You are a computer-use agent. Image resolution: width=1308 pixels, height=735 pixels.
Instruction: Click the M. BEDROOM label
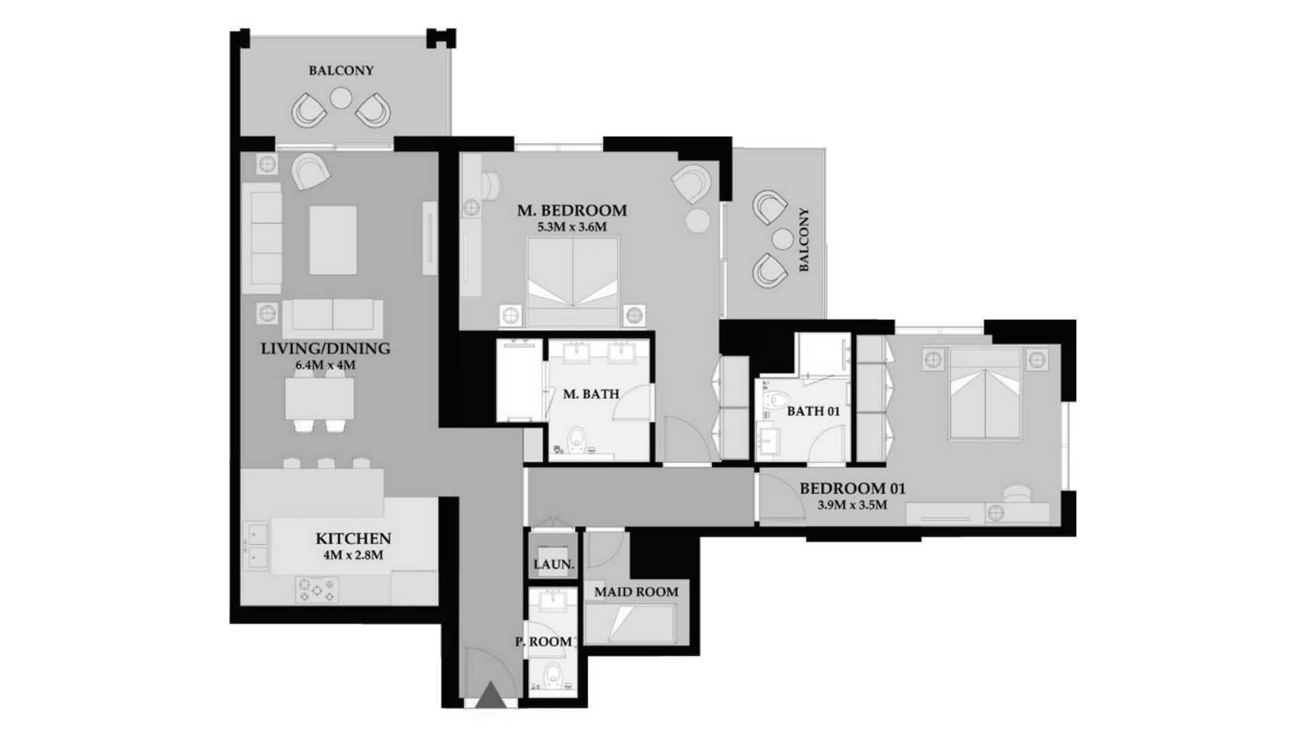[572, 210]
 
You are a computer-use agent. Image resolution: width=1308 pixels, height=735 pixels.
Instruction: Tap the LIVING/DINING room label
[326, 348]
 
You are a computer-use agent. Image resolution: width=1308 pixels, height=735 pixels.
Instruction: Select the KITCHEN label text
[353, 538]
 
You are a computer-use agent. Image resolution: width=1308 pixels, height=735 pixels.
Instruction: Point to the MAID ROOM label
[636, 592]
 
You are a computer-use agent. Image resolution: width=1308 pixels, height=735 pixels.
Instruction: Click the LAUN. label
[554, 564]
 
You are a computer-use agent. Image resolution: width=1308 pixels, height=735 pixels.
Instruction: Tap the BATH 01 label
[813, 411]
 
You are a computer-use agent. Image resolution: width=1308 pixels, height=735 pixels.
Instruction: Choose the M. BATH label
[591, 393]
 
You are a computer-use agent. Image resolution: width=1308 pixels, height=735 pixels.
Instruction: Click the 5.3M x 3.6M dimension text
[572, 227]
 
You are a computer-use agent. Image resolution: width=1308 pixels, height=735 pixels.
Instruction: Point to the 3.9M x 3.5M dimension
[852, 505]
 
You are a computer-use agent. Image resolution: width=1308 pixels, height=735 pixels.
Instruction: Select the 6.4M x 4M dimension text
[326, 365]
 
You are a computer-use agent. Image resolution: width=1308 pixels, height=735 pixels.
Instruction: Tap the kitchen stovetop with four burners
[317, 589]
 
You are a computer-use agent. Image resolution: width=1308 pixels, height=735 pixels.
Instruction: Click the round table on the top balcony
[341, 99]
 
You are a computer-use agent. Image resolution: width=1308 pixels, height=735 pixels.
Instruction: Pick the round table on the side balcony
[783, 239]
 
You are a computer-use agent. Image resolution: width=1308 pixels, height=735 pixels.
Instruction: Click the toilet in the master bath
[577, 440]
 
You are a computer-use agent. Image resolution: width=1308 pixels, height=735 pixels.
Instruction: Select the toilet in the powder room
[552, 675]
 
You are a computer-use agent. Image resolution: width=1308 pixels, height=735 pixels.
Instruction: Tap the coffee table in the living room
[333, 240]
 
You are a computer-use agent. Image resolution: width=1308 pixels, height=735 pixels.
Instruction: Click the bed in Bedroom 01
[985, 394]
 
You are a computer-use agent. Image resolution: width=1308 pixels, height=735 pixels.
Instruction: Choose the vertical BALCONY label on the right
[804, 240]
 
